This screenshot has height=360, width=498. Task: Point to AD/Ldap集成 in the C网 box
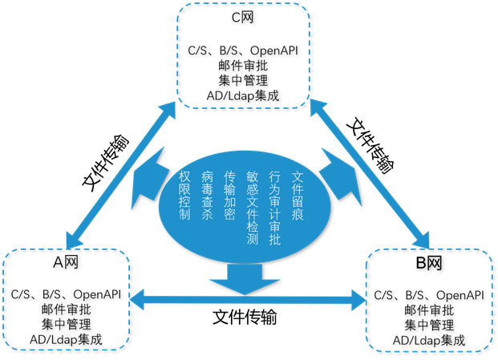(x=241, y=98)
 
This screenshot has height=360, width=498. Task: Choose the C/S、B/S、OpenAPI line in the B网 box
(x=430, y=294)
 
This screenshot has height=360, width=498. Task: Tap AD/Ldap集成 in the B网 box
(x=430, y=340)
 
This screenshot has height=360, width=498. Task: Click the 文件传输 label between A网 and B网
(x=245, y=316)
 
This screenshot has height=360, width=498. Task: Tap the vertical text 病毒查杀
(x=208, y=196)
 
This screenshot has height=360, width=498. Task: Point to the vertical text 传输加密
(x=230, y=196)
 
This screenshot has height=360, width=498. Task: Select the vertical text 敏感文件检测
(x=252, y=207)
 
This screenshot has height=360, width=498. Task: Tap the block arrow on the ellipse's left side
(x=156, y=180)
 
